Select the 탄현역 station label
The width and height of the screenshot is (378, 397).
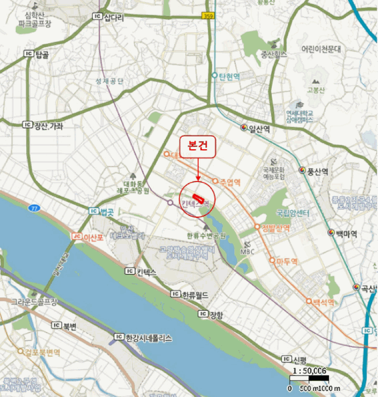click(227, 75)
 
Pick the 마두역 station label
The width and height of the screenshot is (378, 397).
click(287, 261)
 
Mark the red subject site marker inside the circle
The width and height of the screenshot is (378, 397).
click(198, 198)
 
